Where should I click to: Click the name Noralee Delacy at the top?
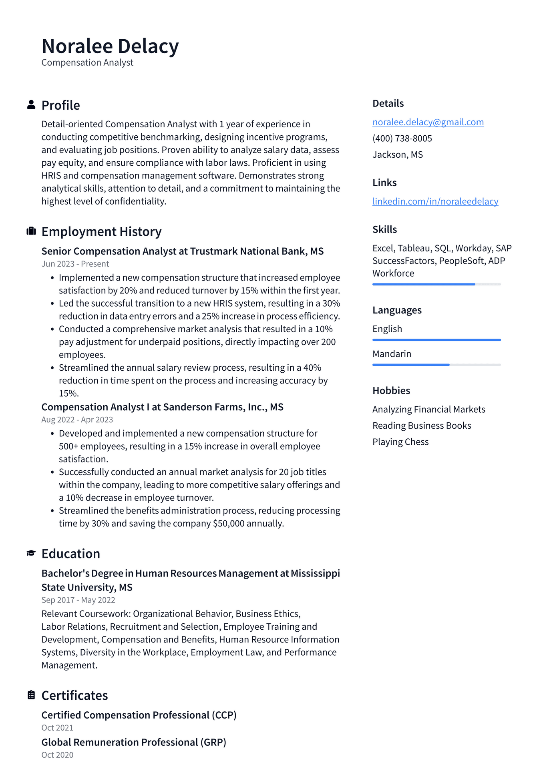click(110, 46)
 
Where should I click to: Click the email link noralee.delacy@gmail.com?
click(428, 122)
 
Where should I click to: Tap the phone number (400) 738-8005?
click(402, 139)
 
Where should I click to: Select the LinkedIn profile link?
click(435, 201)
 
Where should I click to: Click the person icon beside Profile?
click(31, 105)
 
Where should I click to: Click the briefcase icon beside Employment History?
click(31, 231)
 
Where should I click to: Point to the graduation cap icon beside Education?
click(31, 553)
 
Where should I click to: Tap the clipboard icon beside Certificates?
click(31, 695)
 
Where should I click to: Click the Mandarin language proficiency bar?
click(436, 365)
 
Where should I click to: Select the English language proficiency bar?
click(436, 340)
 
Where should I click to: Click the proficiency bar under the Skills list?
click(436, 284)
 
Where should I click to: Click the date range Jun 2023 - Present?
click(75, 264)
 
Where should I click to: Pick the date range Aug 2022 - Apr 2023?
click(77, 420)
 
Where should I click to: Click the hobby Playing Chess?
click(400, 442)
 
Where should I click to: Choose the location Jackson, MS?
click(397, 155)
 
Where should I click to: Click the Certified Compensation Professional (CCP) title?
click(139, 715)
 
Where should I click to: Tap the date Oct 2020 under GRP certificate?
click(57, 755)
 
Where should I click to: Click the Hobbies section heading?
click(391, 391)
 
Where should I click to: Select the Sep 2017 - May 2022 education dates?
click(78, 600)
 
